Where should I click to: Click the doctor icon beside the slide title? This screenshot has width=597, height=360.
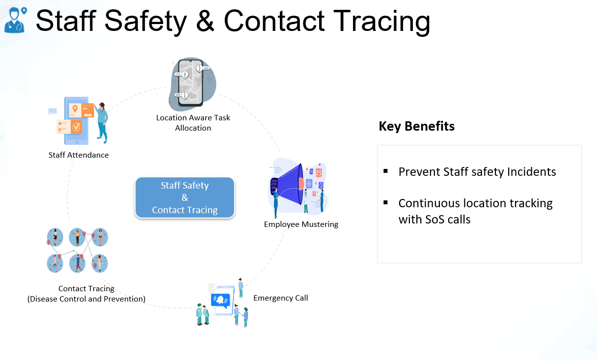coord(15,20)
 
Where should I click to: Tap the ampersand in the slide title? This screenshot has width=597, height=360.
coord(205,21)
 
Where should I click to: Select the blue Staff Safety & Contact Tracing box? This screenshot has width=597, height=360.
coord(185,197)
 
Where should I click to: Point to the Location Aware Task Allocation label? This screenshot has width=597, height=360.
coord(193,123)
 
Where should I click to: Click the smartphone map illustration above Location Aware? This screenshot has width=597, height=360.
coord(192,84)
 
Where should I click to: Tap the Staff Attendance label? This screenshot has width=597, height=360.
coord(79,155)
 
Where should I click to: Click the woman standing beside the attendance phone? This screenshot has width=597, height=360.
coord(101,122)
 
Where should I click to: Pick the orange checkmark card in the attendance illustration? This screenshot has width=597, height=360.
coord(76,127)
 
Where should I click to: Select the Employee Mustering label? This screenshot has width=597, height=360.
coord(301,224)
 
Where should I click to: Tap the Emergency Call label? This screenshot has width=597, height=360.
coord(281,298)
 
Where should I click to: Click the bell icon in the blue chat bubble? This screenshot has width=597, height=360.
coord(220,300)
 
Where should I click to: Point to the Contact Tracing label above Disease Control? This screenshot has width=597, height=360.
coord(86,288)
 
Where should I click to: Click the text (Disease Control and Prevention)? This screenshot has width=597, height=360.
coord(86,299)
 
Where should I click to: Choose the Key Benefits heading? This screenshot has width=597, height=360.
coord(416,126)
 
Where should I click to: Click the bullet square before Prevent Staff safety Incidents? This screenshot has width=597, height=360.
coord(385,171)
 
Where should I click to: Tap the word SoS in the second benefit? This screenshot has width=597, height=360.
coord(434,220)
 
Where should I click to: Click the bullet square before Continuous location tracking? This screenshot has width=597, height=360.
coord(385,202)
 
